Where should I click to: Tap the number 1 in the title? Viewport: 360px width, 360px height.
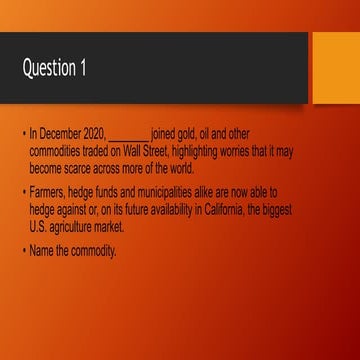tap(96, 68)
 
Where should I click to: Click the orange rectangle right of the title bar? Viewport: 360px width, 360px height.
tap(335, 68)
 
